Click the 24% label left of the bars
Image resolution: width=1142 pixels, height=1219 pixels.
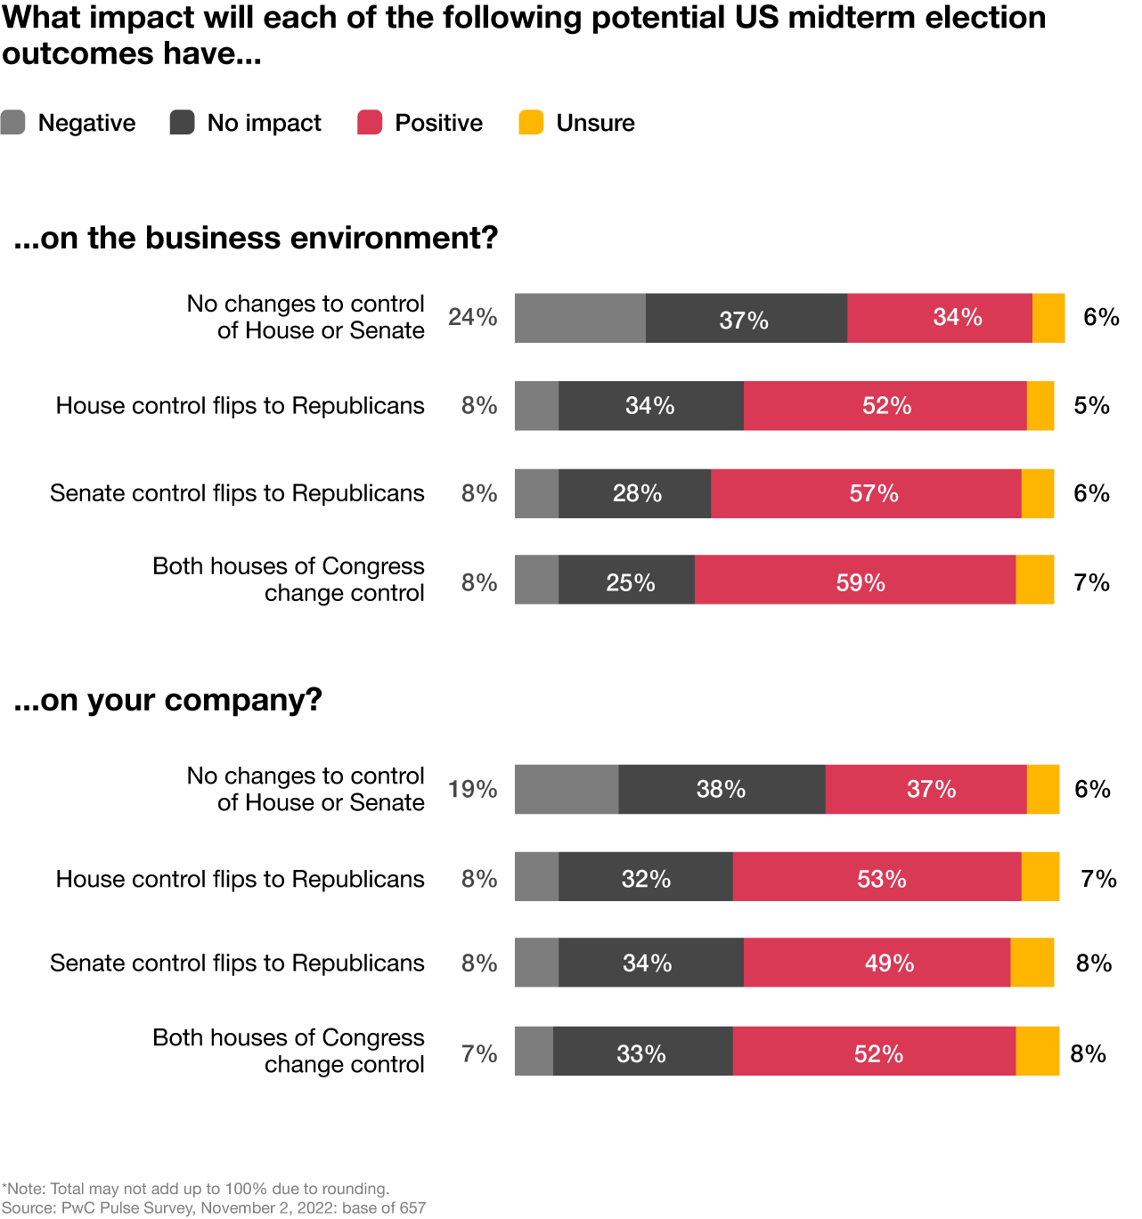click(472, 317)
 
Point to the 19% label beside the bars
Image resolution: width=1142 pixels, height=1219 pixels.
click(472, 789)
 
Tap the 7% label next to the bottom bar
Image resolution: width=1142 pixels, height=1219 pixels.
click(479, 1053)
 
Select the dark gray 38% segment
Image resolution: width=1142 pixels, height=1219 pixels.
click(722, 789)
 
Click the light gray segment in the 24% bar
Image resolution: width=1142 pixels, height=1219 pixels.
click(580, 318)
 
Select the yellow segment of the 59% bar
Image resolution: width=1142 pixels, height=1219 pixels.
click(1035, 581)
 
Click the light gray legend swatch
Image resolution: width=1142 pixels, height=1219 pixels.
click(13, 122)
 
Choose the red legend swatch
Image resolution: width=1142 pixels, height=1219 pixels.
click(370, 122)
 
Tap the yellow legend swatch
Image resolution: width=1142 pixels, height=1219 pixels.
click(531, 122)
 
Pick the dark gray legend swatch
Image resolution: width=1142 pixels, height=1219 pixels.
click(182, 122)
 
